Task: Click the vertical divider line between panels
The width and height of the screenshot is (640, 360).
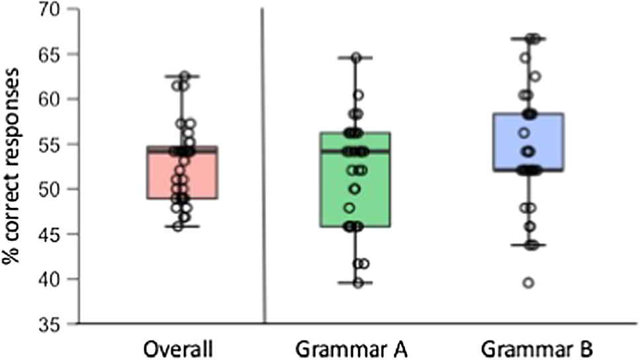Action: click(x=264, y=165)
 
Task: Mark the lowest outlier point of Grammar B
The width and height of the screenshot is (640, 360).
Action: click(x=528, y=283)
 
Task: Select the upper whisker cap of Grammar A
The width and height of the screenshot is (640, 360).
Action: click(x=356, y=58)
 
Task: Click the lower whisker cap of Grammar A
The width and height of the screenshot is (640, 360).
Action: click(x=356, y=283)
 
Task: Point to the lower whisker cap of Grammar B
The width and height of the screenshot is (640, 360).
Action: click(x=528, y=245)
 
